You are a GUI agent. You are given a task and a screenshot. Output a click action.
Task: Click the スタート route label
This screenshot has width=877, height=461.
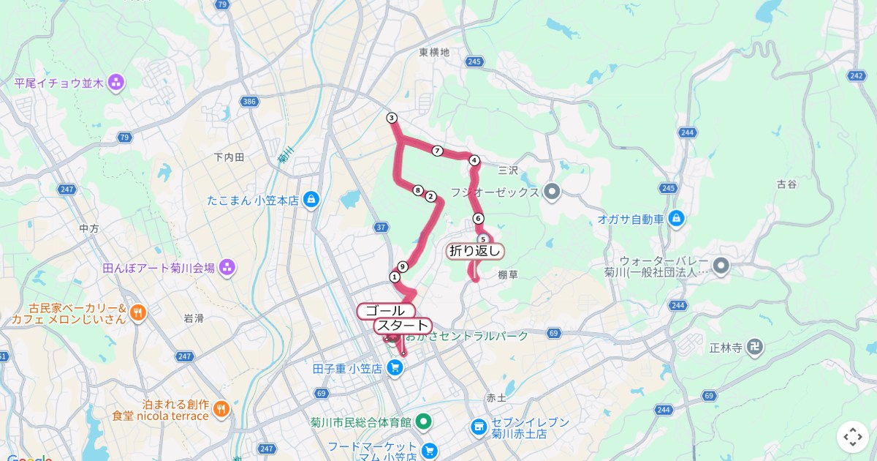(402, 326)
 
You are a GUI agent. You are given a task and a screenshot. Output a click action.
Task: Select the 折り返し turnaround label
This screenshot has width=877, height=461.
(476, 251)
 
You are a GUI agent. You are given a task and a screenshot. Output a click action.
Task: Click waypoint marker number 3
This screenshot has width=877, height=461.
(392, 118)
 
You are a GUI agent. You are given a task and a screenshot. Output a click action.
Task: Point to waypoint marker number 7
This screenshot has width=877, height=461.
(437, 151)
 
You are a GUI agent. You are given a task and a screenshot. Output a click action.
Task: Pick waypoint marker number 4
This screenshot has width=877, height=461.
(474, 160)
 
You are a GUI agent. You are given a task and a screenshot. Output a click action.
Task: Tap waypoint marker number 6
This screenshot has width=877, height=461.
(478, 218)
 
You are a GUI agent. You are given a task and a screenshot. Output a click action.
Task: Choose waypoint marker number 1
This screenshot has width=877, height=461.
(395, 277)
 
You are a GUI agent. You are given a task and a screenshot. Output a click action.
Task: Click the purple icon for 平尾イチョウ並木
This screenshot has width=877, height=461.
(115, 83)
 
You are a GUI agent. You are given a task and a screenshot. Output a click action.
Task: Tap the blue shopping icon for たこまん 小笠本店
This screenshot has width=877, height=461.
(312, 200)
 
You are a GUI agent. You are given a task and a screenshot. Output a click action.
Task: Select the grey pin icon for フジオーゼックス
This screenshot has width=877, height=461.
(552, 192)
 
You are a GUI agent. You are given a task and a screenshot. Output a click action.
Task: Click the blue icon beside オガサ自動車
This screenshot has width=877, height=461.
(677, 218)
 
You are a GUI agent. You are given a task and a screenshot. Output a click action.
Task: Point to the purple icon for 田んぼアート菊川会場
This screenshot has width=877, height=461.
(227, 268)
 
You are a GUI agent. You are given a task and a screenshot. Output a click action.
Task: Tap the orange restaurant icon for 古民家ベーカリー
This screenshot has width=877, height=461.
(138, 313)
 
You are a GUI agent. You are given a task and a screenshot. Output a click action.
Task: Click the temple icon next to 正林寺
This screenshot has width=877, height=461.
(756, 347)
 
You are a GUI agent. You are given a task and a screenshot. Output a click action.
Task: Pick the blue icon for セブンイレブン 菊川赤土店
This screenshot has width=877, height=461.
(479, 427)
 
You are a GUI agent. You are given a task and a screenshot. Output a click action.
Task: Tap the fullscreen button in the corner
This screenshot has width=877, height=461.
(853, 437)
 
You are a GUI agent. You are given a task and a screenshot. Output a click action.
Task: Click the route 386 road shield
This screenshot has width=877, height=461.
(248, 102)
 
